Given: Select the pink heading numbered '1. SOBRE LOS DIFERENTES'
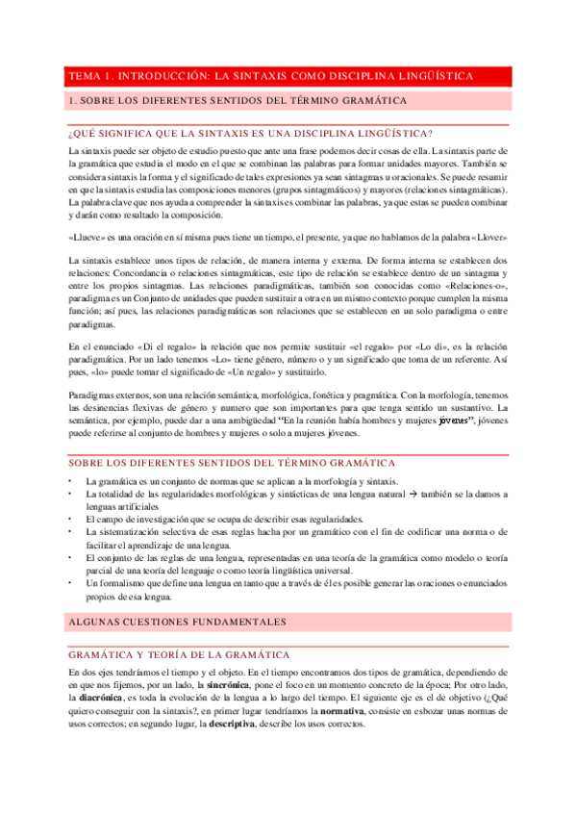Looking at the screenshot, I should coord(238,100).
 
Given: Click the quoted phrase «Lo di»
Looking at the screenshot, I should coord(422,344).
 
